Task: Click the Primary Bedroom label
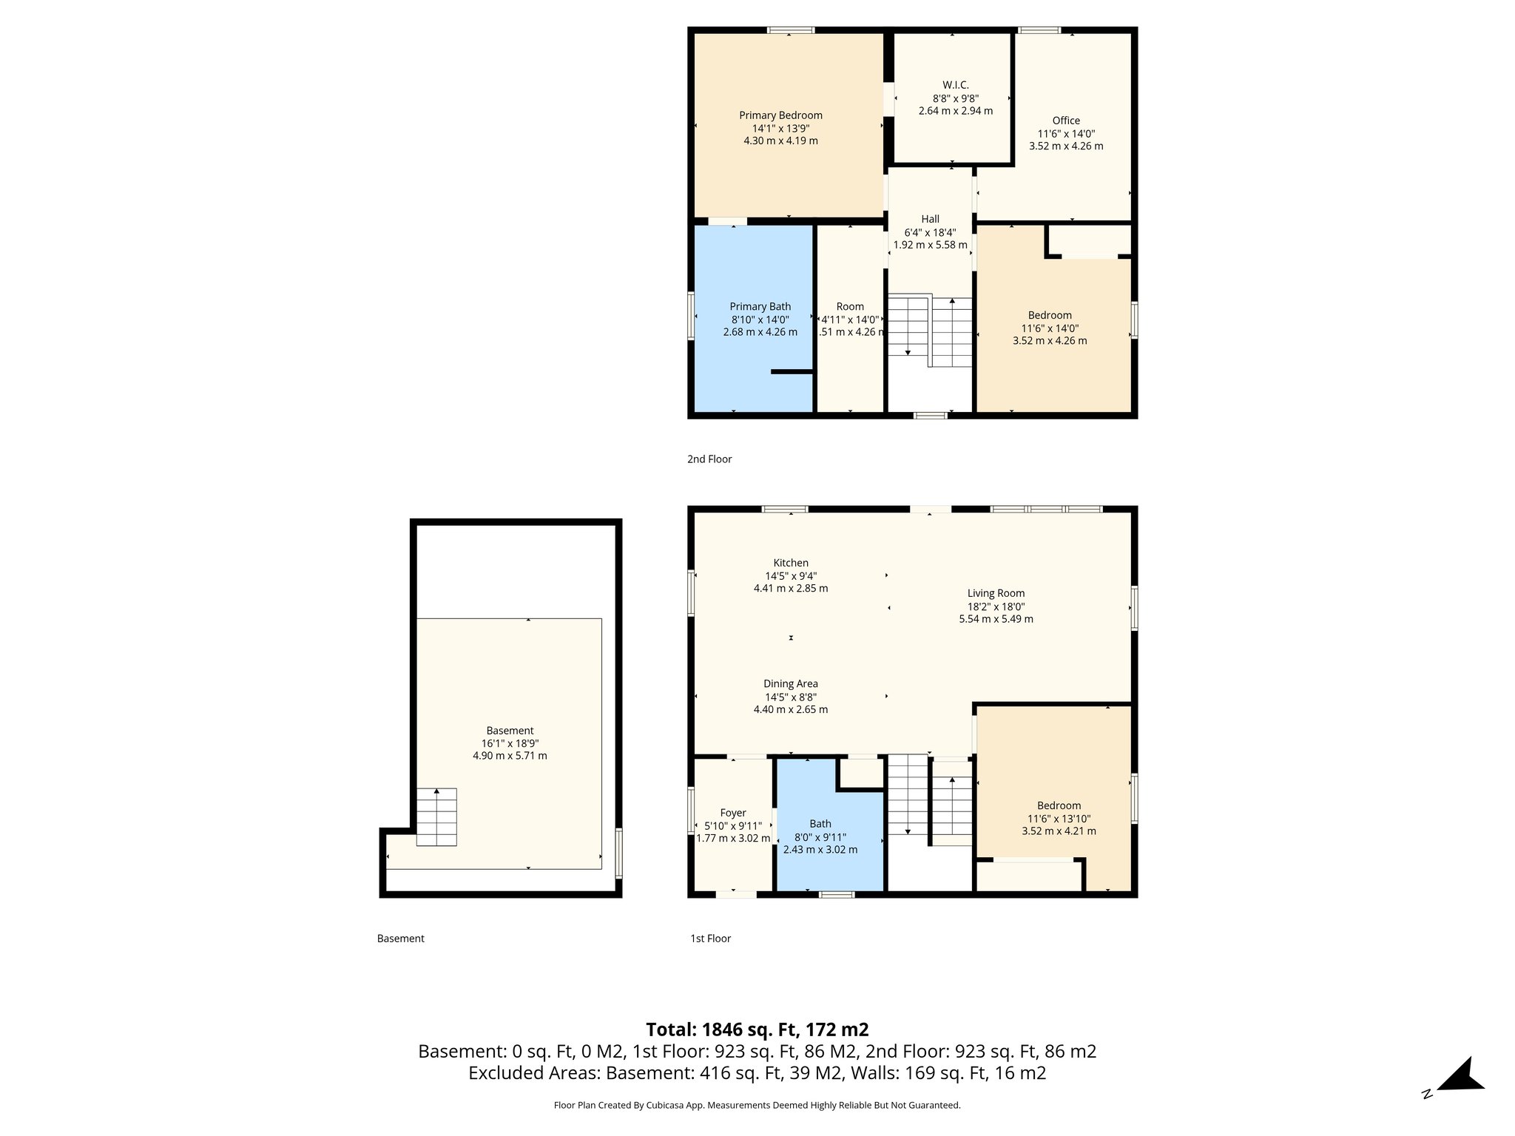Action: [780, 115]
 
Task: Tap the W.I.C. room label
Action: [955, 85]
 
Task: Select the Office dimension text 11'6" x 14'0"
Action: [1066, 134]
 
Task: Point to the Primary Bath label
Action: [760, 307]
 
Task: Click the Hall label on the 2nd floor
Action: [930, 219]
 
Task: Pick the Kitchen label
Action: [791, 563]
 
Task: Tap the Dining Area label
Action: [791, 684]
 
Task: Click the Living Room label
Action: [996, 593]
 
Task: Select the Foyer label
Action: [733, 813]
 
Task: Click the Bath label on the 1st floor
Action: [820, 824]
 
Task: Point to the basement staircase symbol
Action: [436, 816]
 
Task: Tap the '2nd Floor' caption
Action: [709, 459]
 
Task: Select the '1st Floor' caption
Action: [710, 939]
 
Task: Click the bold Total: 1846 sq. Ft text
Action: [757, 1029]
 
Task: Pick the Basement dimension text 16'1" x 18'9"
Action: [510, 743]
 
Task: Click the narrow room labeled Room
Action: [850, 307]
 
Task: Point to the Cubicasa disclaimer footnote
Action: [757, 1106]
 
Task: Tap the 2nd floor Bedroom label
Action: [1050, 315]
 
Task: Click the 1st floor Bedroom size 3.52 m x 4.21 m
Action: [1059, 831]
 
